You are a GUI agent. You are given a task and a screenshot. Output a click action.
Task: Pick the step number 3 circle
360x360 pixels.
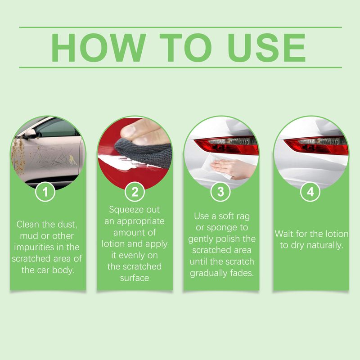point(220,192)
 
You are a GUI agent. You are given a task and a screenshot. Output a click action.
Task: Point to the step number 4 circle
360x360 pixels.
point(310,192)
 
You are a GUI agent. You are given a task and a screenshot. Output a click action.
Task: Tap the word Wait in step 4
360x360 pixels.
point(284,234)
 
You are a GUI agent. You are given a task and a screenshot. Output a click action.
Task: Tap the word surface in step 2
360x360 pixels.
point(134,278)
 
